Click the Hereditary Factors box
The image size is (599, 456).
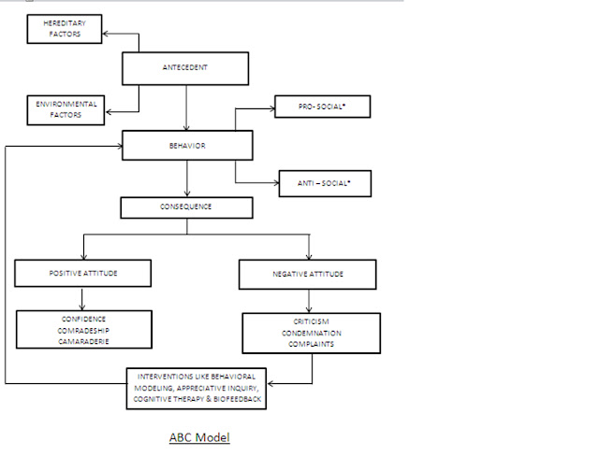pyautogui.click(x=66, y=28)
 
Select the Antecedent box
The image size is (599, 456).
pyautogui.click(x=185, y=66)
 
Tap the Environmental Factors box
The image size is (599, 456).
pyautogui.click(x=66, y=110)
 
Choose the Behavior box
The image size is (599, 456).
pyautogui.click(x=188, y=146)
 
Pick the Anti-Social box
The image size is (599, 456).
pyautogui.click(x=326, y=183)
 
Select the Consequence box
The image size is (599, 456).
pyautogui.click(x=185, y=207)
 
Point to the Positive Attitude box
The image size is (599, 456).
pyautogui.click(x=82, y=273)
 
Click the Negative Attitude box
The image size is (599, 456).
pyautogui.click(x=307, y=274)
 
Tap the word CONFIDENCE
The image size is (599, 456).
pyautogui.click(x=84, y=318)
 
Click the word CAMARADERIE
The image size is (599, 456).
pyautogui.click(x=84, y=342)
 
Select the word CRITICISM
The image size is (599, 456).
pyautogui.click(x=311, y=321)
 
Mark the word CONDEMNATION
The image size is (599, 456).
pyautogui.click(x=311, y=334)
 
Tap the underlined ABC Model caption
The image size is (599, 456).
pyautogui.click(x=198, y=436)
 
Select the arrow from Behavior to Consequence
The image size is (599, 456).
pyautogui.click(x=187, y=178)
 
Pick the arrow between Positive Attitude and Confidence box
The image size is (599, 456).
pyautogui.click(x=82, y=299)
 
